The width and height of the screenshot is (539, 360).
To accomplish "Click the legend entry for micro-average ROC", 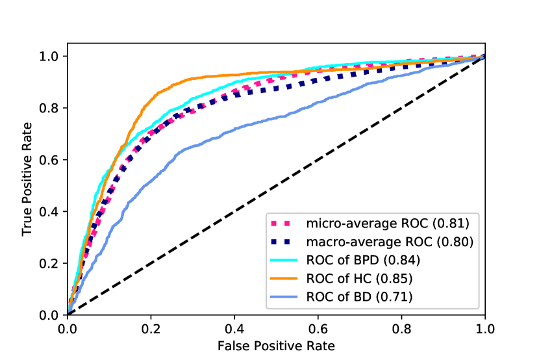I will pos(388,224).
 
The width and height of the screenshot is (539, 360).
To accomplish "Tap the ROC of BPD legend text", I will pos(360,262).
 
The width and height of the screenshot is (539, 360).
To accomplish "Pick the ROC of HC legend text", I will pos(357,280).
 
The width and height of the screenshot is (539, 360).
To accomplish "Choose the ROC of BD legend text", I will pos(357,299).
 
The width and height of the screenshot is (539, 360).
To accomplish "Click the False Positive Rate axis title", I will pos(276,346).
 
